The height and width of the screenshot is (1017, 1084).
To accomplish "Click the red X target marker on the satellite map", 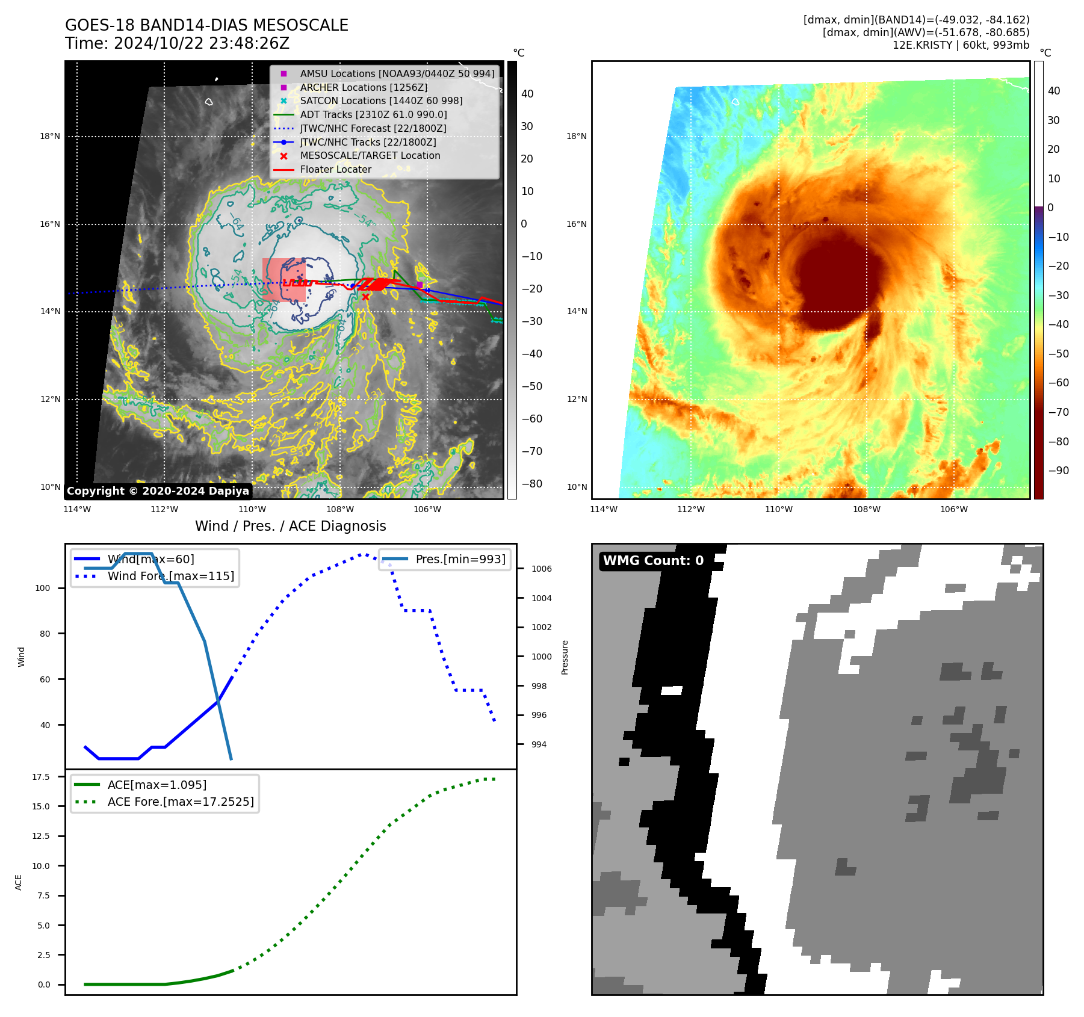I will point(365,297).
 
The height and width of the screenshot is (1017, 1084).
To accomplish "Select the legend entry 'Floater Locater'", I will point(335,170).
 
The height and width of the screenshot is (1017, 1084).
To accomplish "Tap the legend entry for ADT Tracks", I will point(373,114).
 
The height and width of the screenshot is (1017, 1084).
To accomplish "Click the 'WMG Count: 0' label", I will point(653,561).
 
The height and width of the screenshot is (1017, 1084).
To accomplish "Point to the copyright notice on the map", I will point(158,491).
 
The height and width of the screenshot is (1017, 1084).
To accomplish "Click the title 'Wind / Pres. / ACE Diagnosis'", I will point(290,526).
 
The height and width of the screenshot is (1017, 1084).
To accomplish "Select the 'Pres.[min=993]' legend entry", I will point(460,559).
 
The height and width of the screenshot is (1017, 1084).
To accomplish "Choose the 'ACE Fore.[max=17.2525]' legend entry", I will point(181,802).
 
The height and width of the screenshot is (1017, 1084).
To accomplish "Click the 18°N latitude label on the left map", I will point(50,137).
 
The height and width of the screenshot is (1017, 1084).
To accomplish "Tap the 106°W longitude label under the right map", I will point(954,509).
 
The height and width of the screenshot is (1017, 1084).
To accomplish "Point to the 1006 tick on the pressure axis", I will point(541,569).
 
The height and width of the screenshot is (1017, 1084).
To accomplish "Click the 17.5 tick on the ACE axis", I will point(41,777).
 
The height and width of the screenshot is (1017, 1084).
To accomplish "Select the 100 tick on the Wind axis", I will point(43,588).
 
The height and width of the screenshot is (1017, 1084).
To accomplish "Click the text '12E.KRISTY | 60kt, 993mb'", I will point(961,45).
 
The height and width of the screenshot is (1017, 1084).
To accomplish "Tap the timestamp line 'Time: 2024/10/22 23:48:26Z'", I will point(178,44).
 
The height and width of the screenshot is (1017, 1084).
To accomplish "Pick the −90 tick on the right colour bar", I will point(1058,471).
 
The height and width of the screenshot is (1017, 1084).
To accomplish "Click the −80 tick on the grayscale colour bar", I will point(531,484).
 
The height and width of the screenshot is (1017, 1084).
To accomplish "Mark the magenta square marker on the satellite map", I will point(420,285).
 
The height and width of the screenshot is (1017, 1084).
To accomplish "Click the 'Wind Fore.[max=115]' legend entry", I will point(171,576).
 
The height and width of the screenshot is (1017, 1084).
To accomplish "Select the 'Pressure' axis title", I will point(565,657).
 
